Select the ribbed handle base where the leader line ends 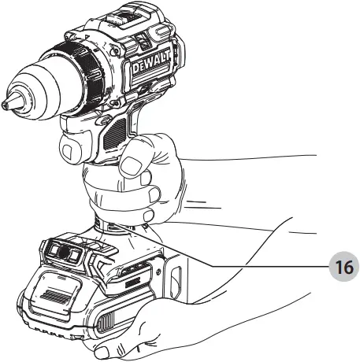pos(118,227)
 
